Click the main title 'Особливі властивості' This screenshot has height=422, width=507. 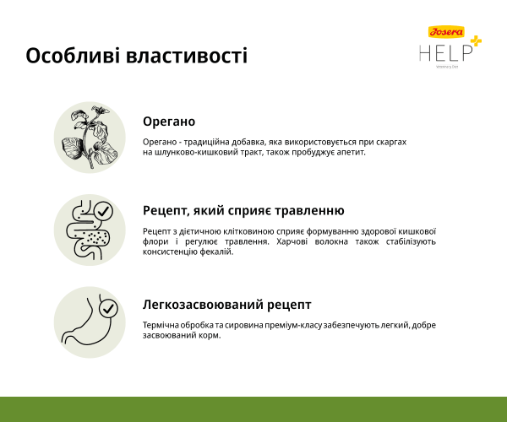coord(136,57)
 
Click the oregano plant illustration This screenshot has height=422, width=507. coord(90,138)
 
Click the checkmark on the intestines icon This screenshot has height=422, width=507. coord(103,210)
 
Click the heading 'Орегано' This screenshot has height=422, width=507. coord(169,122)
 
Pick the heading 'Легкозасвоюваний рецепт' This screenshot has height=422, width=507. coord(226,305)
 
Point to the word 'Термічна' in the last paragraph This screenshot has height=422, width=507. coord(161,325)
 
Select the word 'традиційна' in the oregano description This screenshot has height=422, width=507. coord(213,142)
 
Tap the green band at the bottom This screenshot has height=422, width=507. coord(253,408)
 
